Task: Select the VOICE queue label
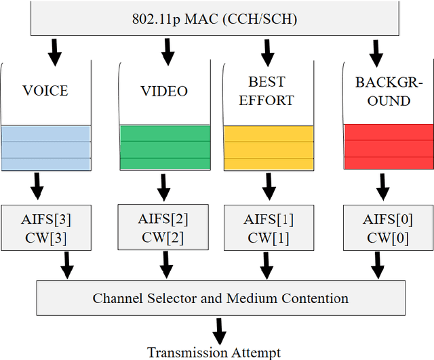coord(45,90)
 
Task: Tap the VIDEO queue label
coord(163,90)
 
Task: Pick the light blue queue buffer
coord(45,146)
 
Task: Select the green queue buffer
coord(164,146)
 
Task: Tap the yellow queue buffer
coord(269,146)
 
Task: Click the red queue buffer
coord(387,146)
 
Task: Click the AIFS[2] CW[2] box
coord(163,228)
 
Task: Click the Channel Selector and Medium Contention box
coord(220,298)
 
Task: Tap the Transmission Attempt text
coord(214,352)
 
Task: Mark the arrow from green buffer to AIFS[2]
coord(163,186)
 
